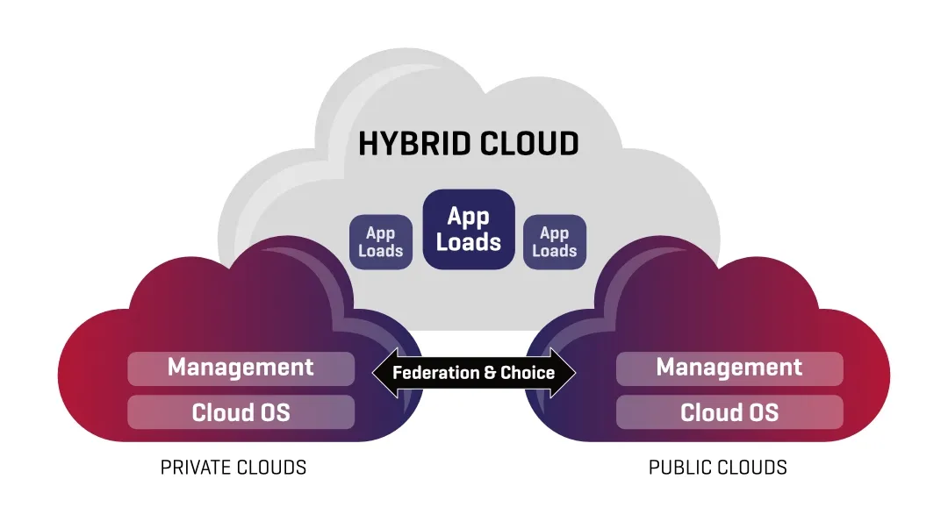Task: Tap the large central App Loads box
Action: (469, 229)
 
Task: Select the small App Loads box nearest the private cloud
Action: (381, 242)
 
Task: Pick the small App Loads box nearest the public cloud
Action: (555, 242)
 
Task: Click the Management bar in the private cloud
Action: (241, 368)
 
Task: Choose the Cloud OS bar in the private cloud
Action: (241, 411)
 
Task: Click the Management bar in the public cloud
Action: (729, 368)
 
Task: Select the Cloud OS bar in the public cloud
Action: (729, 411)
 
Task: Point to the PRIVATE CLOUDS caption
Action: (233, 468)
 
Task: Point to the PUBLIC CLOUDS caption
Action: (718, 468)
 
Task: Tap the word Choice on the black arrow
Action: (528, 373)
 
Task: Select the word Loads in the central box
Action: (469, 242)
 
